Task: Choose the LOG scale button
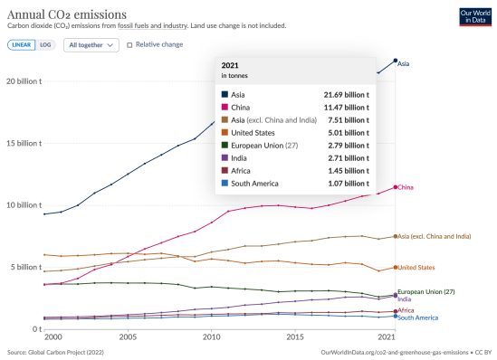click(x=45, y=44)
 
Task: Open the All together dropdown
click(x=91, y=44)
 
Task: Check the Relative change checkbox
click(x=129, y=44)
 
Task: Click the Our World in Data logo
click(x=475, y=14)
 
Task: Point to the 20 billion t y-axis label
click(x=24, y=81)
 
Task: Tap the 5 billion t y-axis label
click(x=25, y=267)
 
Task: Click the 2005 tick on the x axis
click(x=128, y=336)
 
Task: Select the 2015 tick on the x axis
click(x=295, y=336)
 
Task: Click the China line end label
click(x=406, y=187)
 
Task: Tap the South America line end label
click(x=419, y=317)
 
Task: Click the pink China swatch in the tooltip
click(x=225, y=107)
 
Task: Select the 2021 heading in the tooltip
click(x=231, y=65)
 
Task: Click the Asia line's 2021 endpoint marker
click(x=395, y=61)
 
